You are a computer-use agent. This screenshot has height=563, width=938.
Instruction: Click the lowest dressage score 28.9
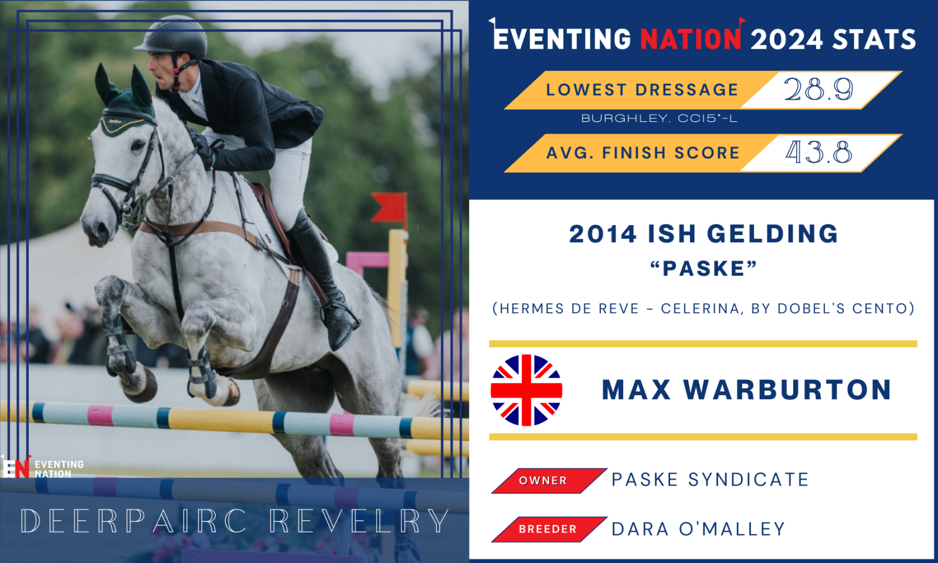click(x=818, y=89)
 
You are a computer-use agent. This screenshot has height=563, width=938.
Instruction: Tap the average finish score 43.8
click(x=818, y=152)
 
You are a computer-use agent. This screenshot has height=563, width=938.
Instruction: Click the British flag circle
click(x=526, y=390)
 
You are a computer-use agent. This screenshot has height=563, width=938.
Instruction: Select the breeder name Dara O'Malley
click(x=698, y=529)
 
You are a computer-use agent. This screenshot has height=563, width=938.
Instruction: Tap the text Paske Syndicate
click(x=710, y=480)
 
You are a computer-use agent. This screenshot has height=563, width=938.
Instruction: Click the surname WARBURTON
click(x=787, y=390)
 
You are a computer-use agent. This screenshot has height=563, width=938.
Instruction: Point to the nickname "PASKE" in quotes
click(x=704, y=269)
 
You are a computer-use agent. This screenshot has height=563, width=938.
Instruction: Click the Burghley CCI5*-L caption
click(x=659, y=118)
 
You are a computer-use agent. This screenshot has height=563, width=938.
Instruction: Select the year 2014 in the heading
click(x=603, y=234)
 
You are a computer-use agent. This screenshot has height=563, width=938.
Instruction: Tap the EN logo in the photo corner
click(x=16, y=466)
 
